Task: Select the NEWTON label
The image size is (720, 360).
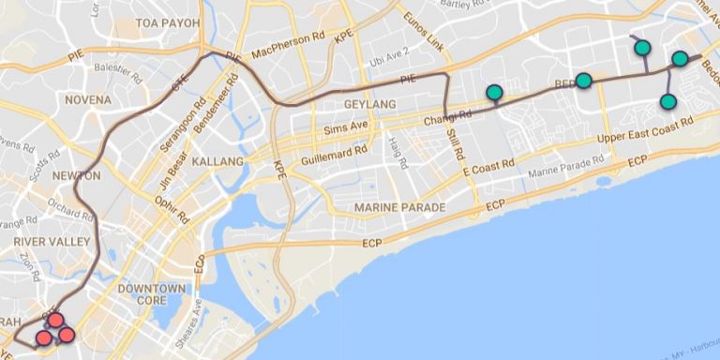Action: coord(77,175)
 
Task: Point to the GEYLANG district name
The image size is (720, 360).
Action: coord(369,105)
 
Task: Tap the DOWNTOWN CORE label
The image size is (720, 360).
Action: coord(151,294)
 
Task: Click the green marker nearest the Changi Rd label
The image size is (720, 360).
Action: coord(494,92)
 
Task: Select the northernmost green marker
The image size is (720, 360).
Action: coord(642,47)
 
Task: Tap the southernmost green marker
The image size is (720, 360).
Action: coord(667,101)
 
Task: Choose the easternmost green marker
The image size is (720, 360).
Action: coord(680,59)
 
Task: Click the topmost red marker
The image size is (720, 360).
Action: coord(55,321)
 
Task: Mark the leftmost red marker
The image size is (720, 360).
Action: coord(43,337)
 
